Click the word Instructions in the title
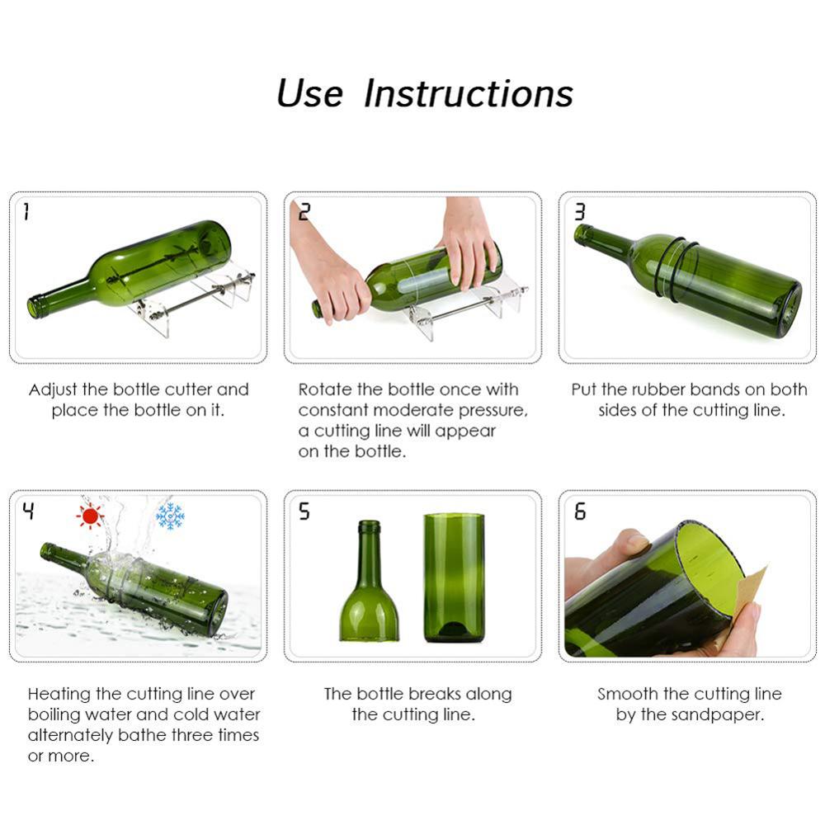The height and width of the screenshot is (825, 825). point(469,93)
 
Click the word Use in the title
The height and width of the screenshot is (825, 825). point(309,93)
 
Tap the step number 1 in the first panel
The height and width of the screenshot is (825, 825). point(26,213)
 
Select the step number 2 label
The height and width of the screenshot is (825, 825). point(304,213)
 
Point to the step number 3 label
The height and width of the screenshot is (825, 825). point(579,213)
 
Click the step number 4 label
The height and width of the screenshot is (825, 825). point(28,511)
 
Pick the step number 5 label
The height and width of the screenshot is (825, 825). point(304,511)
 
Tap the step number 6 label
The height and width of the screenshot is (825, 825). point(579,511)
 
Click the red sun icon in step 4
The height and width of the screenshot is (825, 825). point(89,516)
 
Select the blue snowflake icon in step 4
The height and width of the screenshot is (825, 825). point(170,516)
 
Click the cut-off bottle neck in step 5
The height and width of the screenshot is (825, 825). point(369,586)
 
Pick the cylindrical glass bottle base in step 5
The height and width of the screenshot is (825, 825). point(454,577)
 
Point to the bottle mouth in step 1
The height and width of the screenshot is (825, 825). point(35,308)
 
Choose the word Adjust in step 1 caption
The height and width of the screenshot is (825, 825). point(53,389)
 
